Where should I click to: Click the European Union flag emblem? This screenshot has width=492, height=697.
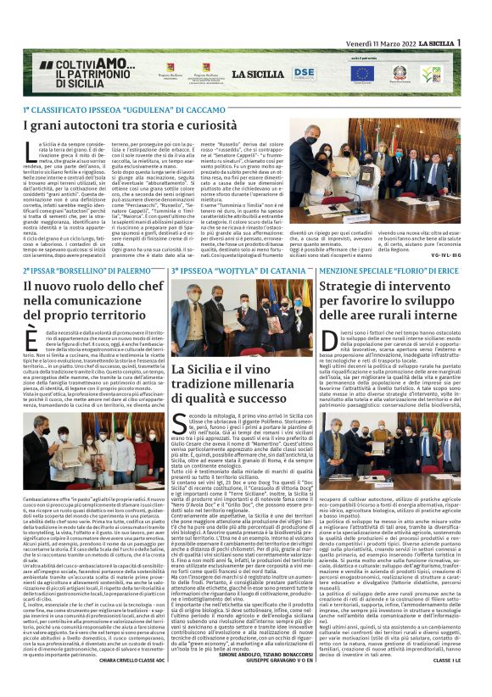pos(362,74)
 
